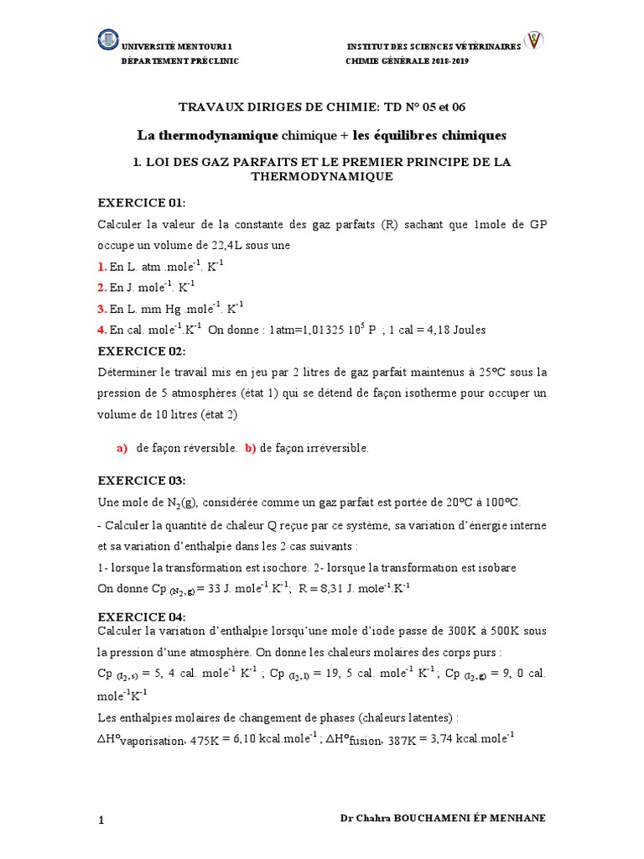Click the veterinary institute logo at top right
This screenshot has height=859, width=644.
[x=533, y=41]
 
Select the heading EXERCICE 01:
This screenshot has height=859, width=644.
[x=143, y=203]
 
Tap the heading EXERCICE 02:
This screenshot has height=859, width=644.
[x=143, y=351]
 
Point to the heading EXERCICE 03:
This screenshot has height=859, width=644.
[x=143, y=480]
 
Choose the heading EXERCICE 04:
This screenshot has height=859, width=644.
[x=143, y=617]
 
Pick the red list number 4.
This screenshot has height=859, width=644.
[x=102, y=329]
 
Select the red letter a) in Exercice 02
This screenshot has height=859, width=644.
[x=122, y=449]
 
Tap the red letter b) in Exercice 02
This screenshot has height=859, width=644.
[x=250, y=449]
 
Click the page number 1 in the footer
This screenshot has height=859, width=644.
[x=102, y=820]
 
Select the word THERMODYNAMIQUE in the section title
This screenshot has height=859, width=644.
[x=322, y=177]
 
